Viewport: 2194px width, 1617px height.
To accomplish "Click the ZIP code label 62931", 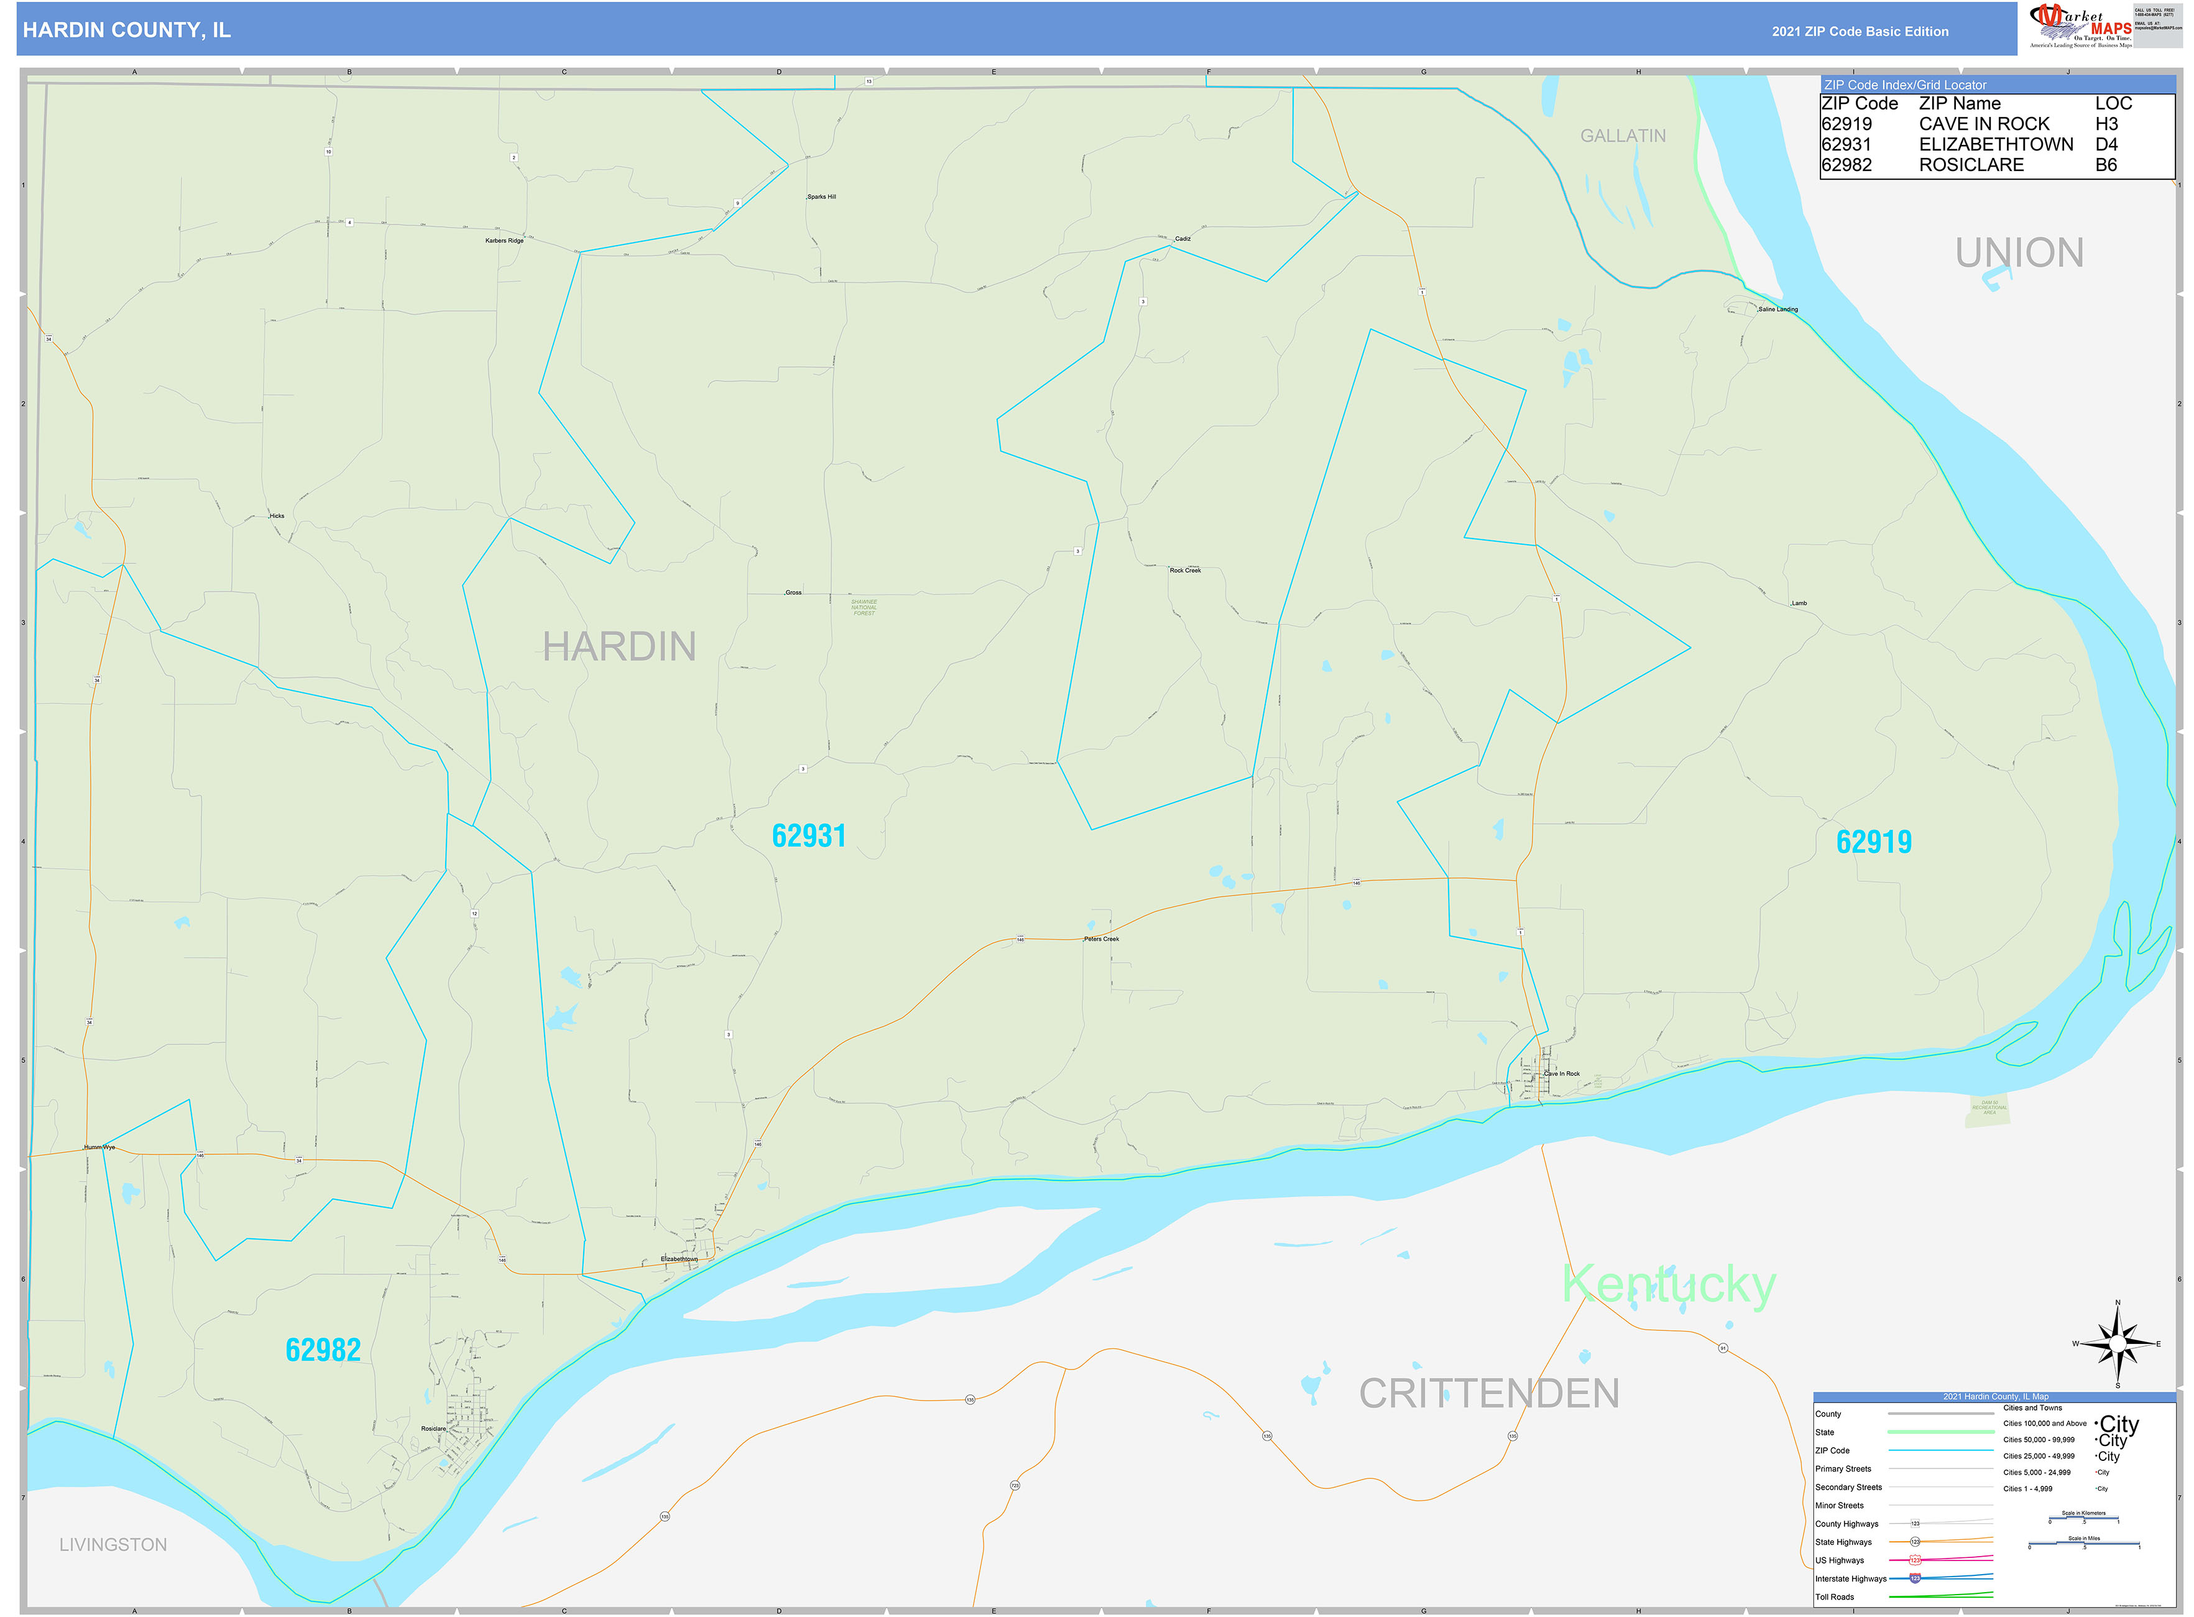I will (808, 836).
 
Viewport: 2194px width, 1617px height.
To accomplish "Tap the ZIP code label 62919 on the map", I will (1873, 842).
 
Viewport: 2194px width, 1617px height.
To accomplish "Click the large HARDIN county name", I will (619, 647).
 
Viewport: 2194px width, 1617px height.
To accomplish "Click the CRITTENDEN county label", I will (1488, 1394).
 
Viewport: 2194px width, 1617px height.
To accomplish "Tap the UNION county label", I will (2019, 253).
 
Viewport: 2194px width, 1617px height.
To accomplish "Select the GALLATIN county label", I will (1623, 136).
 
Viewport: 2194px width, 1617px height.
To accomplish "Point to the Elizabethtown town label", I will (679, 1259).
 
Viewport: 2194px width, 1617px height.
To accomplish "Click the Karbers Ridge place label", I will (504, 241).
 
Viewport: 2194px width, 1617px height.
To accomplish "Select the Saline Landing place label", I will (1778, 309).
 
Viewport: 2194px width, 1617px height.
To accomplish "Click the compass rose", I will (2117, 1344).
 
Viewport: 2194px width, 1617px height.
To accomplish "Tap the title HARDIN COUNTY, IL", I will (127, 30).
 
